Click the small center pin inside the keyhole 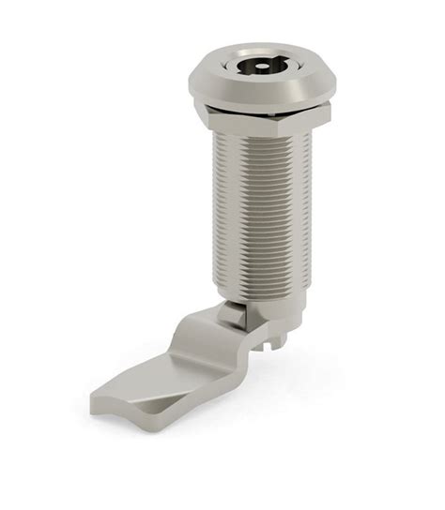[x=256, y=67]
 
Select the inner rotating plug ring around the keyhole [x=256, y=55]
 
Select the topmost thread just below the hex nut [x=258, y=137]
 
